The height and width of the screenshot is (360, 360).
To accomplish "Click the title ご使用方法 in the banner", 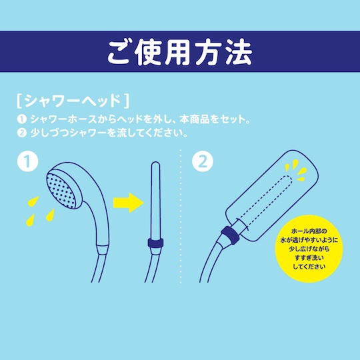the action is pyautogui.click(x=180, y=53).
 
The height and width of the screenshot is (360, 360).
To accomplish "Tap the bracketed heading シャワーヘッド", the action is pyautogui.click(x=73, y=101).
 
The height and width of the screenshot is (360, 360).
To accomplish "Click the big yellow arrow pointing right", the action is pyautogui.click(x=129, y=203).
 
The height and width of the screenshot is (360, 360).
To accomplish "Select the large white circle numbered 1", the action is pyautogui.click(x=27, y=161).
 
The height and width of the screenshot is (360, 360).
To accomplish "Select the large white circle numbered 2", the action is pyautogui.click(x=203, y=161).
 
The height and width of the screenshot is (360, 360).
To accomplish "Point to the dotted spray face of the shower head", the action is pyautogui.click(x=61, y=190).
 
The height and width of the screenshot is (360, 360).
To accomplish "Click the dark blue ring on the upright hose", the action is pyautogui.click(x=155, y=243).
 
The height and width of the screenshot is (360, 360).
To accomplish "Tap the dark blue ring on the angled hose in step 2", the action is pyautogui.click(x=230, y=235).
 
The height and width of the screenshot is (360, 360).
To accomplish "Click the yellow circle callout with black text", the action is pyautogui.click(x=309, y=249).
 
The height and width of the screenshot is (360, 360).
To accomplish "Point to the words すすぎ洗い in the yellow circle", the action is pyautogui.click(x=309, y=257).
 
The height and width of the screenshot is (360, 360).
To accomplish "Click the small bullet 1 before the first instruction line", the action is pyautogui.click(x=22, y=119).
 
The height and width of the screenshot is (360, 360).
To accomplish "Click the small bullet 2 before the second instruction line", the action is pyautogui.click(x=22, y=133).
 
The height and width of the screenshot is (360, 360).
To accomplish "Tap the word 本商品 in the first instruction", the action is pyautogui.click(x=194, y=119).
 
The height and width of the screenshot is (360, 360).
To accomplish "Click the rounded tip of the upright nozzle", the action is pyautogui.click(x=155, y=164).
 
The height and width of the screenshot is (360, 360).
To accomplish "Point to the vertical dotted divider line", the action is pyautogui.click(x=181, y=216).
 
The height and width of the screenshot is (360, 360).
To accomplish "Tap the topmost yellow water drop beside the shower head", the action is pyautogui.click(x=33, y=201).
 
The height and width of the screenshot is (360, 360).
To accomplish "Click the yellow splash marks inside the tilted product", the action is pyautogui.click(x=296, y=170).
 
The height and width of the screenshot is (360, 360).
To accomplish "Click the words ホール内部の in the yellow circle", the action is pyautogui.click(x=309, y=231).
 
